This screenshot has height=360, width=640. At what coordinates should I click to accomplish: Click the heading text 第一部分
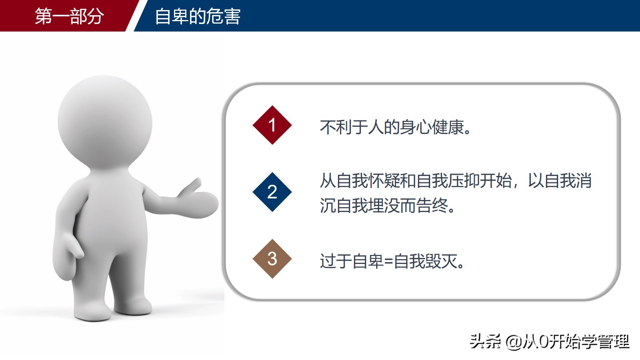click(69, 16)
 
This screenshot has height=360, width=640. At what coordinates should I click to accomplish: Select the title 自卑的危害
click(198, 16)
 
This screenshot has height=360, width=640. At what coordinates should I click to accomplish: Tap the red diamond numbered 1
click(272, 125)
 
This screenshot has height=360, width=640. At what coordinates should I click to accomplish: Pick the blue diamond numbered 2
click(272, 192)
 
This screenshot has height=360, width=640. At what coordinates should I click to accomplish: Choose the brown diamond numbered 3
click(272, 259)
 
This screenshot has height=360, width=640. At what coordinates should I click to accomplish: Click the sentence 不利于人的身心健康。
click(395, 127)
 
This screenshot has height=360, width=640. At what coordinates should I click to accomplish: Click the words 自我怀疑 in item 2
click(368, 180)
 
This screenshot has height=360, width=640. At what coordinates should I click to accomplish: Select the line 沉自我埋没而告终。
click(387, 205)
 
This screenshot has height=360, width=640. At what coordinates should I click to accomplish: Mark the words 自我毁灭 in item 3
click(425, 261)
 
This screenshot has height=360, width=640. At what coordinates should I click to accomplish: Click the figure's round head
click(105, 123)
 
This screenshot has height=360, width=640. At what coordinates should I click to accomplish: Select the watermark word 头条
click(485, 342)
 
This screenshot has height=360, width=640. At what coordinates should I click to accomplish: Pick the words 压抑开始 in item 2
click(480, 180)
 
